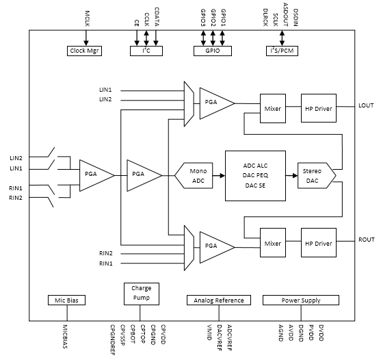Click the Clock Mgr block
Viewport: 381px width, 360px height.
[86, 51]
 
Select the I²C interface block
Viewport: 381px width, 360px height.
[146, 51]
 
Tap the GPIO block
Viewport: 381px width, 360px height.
[212, 51]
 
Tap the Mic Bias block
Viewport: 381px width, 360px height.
[66, 300]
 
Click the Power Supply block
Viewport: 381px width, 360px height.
[300, 300]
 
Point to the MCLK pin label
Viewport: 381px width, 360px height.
[87, 16]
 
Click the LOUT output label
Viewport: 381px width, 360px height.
[367, 105]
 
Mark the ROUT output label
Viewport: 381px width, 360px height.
[367, 240]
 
